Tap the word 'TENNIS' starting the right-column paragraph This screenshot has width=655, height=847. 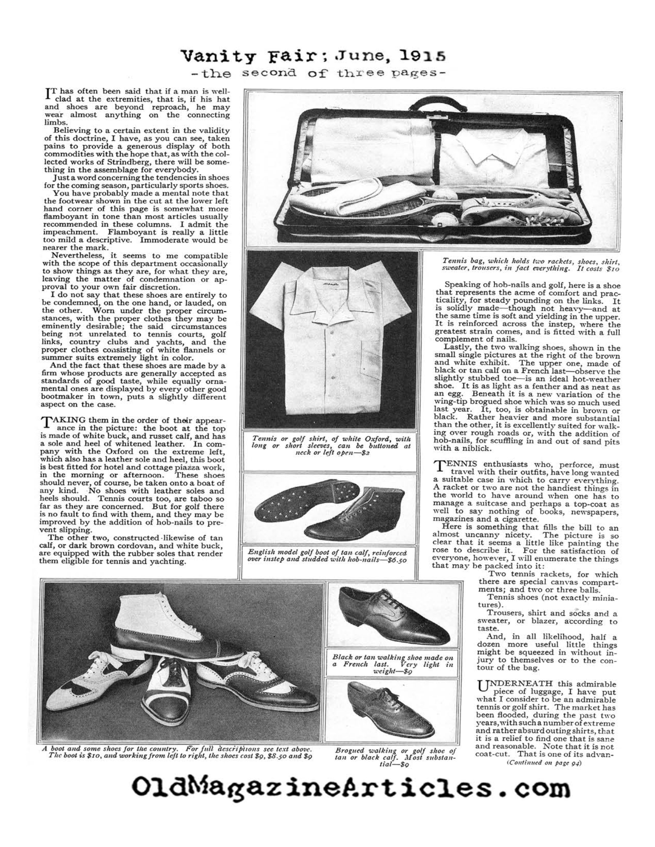pyautogui.click(x=456, y=465)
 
